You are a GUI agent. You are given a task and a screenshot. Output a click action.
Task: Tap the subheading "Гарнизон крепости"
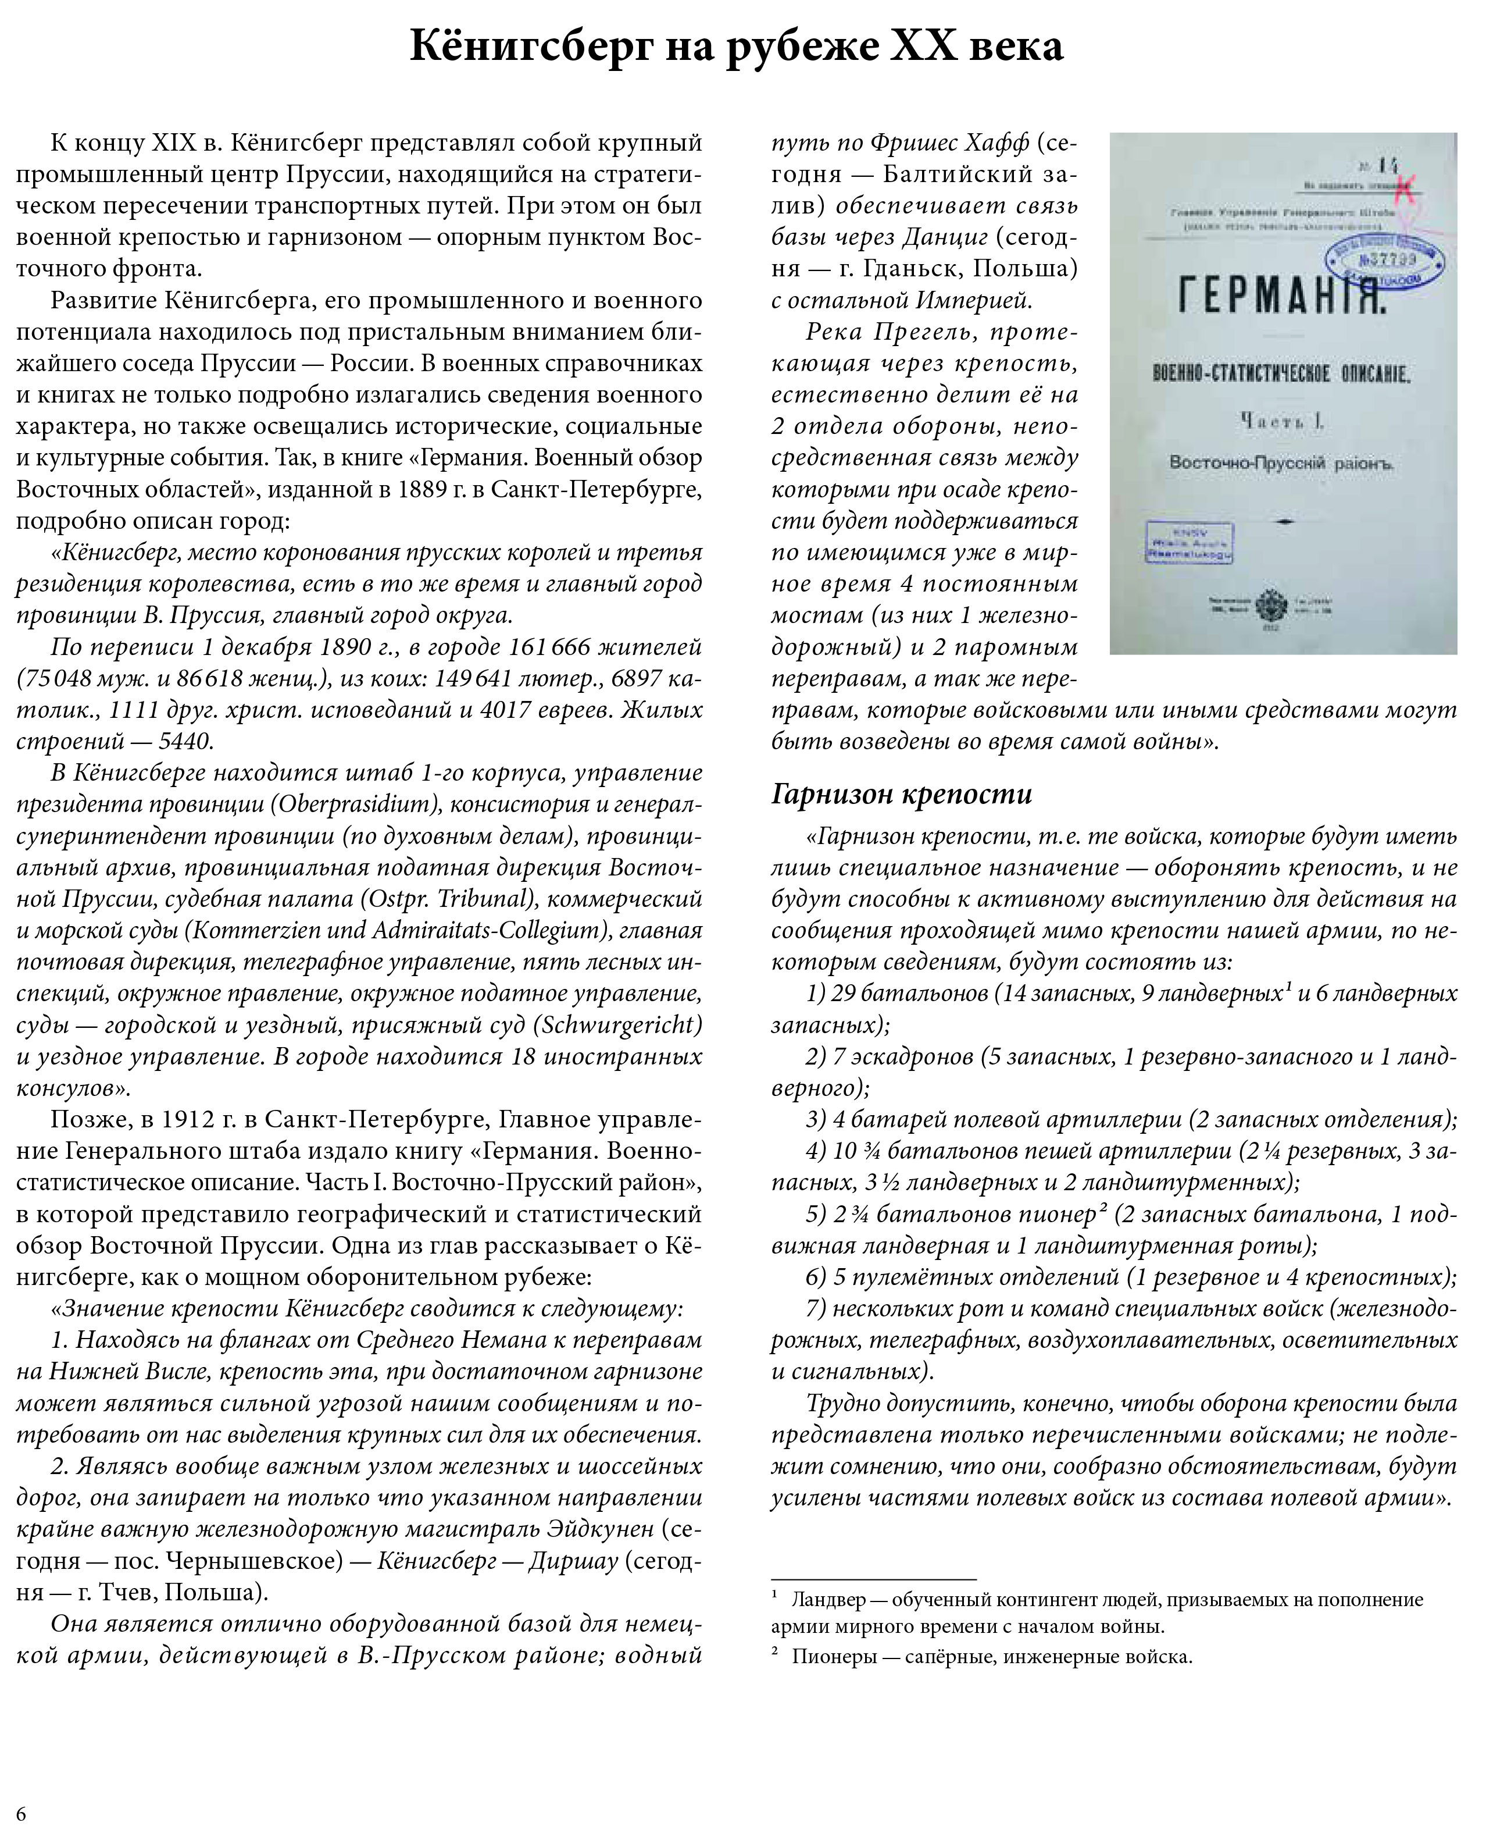click(901, 793)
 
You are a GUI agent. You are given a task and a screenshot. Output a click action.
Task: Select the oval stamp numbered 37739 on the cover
click(1385, 259)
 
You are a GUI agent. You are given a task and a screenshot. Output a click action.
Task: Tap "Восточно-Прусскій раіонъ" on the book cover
click(1281, 463)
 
